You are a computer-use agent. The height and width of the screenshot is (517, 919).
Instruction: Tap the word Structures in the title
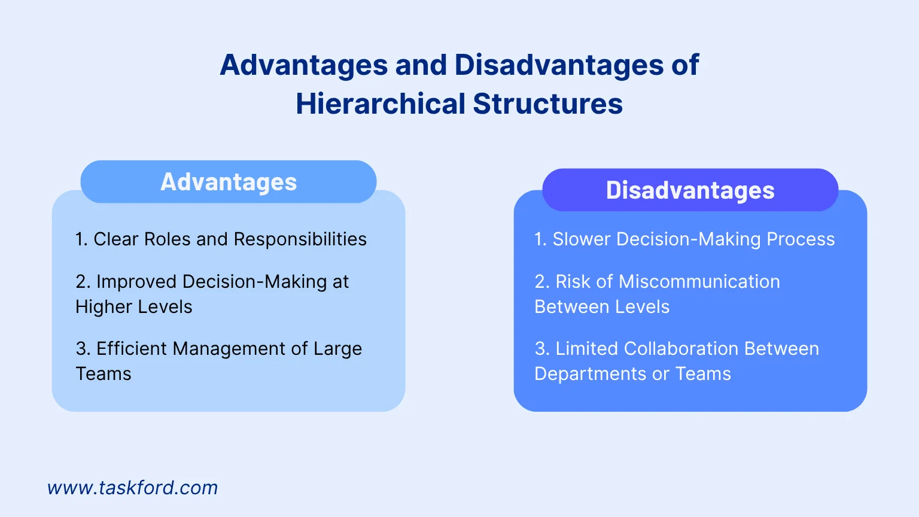547,104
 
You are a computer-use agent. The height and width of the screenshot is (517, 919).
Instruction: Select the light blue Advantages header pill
229,182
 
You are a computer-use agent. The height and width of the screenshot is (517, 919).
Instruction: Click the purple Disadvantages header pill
690,190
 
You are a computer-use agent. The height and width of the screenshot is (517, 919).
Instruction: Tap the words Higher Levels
134,307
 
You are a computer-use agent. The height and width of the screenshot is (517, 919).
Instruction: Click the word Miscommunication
699,282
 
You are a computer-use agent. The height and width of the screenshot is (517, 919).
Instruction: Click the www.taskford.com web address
132,488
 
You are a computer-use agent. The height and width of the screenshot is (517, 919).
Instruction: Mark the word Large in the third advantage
337,349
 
